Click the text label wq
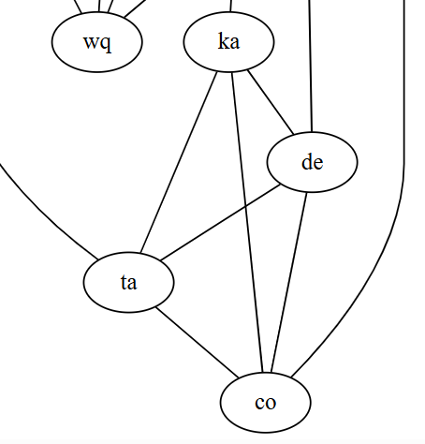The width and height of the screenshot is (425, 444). (97, 43)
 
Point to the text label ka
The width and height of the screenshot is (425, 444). (229, 41)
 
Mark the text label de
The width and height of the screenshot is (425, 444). (313, 162)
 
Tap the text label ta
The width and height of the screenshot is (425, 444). (128, 283)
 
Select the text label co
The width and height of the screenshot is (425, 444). (266, 403)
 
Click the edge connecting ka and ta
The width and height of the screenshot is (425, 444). (179, 162)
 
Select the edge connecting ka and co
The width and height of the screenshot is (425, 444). (247, 222)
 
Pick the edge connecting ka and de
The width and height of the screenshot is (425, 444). (271, 103)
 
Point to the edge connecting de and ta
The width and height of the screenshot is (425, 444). (220, 222)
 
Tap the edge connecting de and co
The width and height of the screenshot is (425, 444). (289, 282)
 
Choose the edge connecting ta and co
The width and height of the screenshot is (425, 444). (197, 342)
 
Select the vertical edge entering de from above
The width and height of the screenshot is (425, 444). (311, 66)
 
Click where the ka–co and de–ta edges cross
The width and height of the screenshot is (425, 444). (245, 206)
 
